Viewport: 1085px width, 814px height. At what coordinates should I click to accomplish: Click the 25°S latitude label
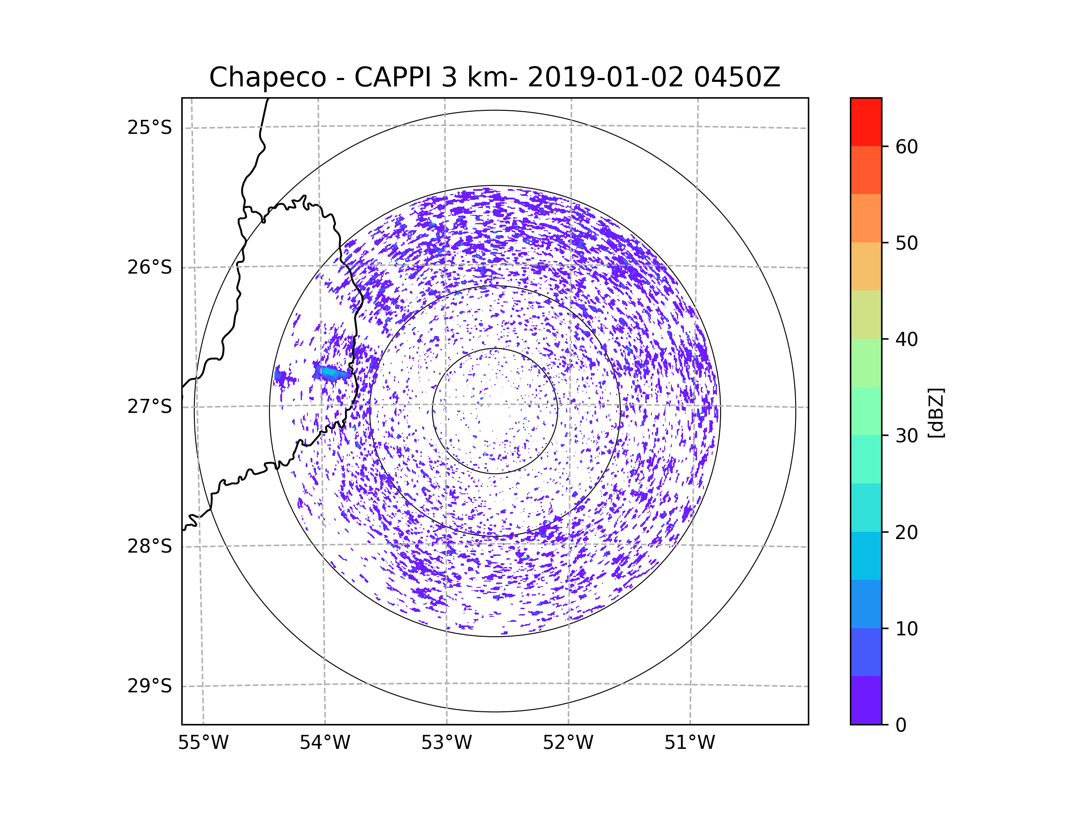[150, 128]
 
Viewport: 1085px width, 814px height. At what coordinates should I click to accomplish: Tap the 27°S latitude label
[150, 407]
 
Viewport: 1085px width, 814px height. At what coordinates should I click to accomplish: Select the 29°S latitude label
[150, 686]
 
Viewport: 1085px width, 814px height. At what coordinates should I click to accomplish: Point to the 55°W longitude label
[203, 743]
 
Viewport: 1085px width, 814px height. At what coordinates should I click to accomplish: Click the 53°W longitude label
[446, 743]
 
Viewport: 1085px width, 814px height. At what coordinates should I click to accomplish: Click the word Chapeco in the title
[267, 77]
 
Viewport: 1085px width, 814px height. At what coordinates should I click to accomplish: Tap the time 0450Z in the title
[737, 77]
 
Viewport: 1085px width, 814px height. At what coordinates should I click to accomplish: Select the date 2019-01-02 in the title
[605, 77]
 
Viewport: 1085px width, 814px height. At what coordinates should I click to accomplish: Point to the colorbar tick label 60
[906, 147]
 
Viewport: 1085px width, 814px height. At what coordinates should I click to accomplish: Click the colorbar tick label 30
[906, 435]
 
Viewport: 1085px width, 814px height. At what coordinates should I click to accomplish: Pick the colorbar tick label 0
[901, 725]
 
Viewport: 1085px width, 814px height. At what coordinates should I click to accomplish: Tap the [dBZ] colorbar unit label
[936, 413]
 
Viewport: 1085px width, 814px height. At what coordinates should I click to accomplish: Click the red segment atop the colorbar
[866, 122]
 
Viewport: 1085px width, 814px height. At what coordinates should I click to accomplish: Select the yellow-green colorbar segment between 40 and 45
[866, 314]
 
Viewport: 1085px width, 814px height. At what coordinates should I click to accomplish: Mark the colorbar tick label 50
[906, 243]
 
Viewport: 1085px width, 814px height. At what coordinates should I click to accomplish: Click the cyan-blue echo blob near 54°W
[331, 374]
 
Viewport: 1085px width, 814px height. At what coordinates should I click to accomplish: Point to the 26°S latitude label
[150, 267]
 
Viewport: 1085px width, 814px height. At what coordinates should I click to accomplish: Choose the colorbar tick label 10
[906, 629]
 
